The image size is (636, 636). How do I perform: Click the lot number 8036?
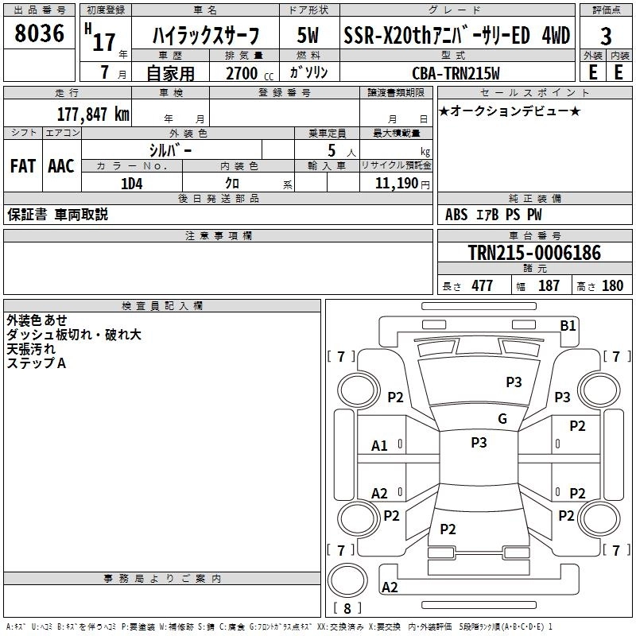click(39, 33)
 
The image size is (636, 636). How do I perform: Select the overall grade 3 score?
click(606, 37)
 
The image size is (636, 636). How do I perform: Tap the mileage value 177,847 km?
click(93, 114)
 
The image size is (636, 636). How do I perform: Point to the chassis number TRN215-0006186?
click(534, 252)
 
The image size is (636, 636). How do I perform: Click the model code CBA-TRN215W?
click(456, 73)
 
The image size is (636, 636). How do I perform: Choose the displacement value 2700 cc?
click(250, 73)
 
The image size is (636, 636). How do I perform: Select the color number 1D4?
click(132, 184)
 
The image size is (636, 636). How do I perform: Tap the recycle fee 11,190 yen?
click(402, 184)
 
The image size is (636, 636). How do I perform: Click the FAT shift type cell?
click(23, 166)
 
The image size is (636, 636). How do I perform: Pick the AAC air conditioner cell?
click(61, 166)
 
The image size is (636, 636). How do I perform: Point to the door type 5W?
click(308, 35)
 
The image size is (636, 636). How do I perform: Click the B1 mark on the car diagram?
click(568, 326)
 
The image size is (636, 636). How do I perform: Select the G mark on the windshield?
click(502, 419)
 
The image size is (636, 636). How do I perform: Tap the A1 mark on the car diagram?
click(379, 446)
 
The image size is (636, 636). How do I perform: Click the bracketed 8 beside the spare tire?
click(347, 608)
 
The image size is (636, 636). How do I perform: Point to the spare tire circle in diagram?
click(347, 580)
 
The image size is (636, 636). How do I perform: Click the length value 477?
click(482, 285)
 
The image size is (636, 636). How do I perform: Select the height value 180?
click(612, 285)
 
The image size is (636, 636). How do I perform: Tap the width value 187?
click(549, 285)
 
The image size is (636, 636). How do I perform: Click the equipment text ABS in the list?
click(456, 215)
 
